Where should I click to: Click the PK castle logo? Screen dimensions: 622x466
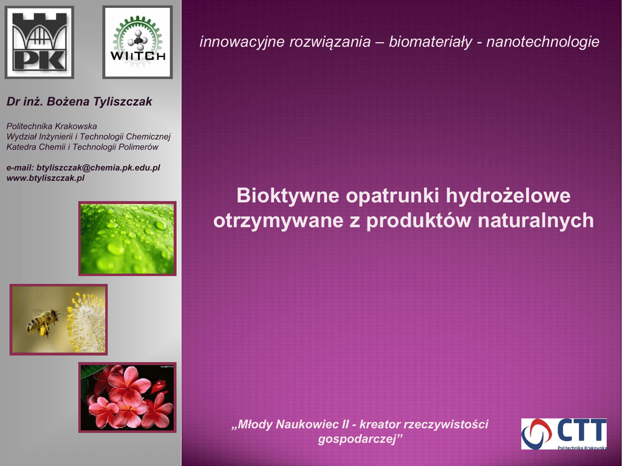pos(39,42)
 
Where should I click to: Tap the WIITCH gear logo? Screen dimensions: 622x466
pos(137,42)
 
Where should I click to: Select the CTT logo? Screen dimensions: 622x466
pos(564,434)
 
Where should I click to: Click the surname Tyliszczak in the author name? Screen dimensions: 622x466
pos(122,102)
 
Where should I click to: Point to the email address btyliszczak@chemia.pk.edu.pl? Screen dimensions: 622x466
pos(98,167)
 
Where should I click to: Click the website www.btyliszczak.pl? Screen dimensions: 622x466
pos(46,178)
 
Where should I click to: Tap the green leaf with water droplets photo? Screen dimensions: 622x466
pos(128,238)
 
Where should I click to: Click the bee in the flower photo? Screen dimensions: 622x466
pos(43,322)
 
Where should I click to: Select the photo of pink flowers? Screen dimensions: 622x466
pos(128,397)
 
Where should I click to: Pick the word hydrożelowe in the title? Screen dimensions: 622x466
pos(508,196)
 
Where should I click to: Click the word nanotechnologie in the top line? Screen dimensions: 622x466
pos(542,42)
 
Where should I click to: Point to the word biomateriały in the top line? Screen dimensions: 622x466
pos(431,42)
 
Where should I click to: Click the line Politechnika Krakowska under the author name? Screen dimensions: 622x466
pos(52,126)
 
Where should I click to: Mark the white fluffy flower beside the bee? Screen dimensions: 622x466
pos(86,322)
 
